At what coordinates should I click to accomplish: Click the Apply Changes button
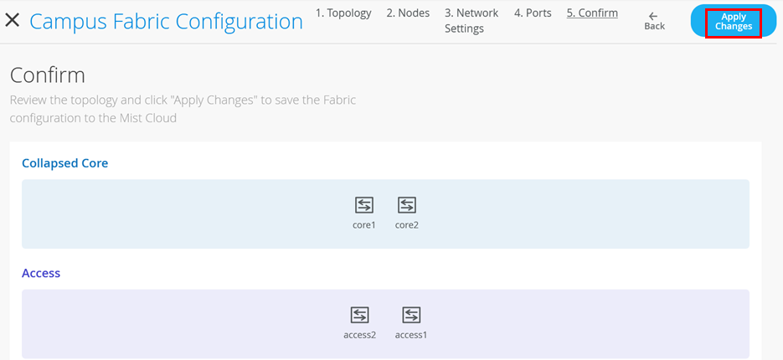[x=734, y=22]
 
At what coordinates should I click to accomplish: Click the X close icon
[x=13, y=20]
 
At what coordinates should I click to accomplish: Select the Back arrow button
[x=654, y=21]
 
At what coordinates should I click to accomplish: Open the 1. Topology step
[x=343, y=13]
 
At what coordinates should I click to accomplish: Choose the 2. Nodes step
[x=408, y=13]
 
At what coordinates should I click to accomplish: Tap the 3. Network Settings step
[x=471, y=21]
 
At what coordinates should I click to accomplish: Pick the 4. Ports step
[x=533, y=13]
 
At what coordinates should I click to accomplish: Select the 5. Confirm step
[x=592, y=13]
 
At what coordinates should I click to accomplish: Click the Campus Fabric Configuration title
[x=166, y=21]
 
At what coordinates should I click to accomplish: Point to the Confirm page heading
[x=48, y=75]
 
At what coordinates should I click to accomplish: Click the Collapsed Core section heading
[x=65, y=163]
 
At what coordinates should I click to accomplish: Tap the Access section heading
[x=41, y=273]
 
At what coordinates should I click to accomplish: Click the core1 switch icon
[x=364, y=204]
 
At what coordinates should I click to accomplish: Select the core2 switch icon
[x=407, y=204]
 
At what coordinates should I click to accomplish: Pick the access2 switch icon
[x=359, y=315]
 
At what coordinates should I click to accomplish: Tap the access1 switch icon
[x=411, y=315]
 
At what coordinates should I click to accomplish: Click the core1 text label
[x=364, y=224]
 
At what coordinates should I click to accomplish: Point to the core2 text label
[x=407, y=224]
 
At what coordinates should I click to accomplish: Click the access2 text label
[x=359, y=335]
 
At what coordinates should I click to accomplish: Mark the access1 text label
[x=411, y=335]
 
